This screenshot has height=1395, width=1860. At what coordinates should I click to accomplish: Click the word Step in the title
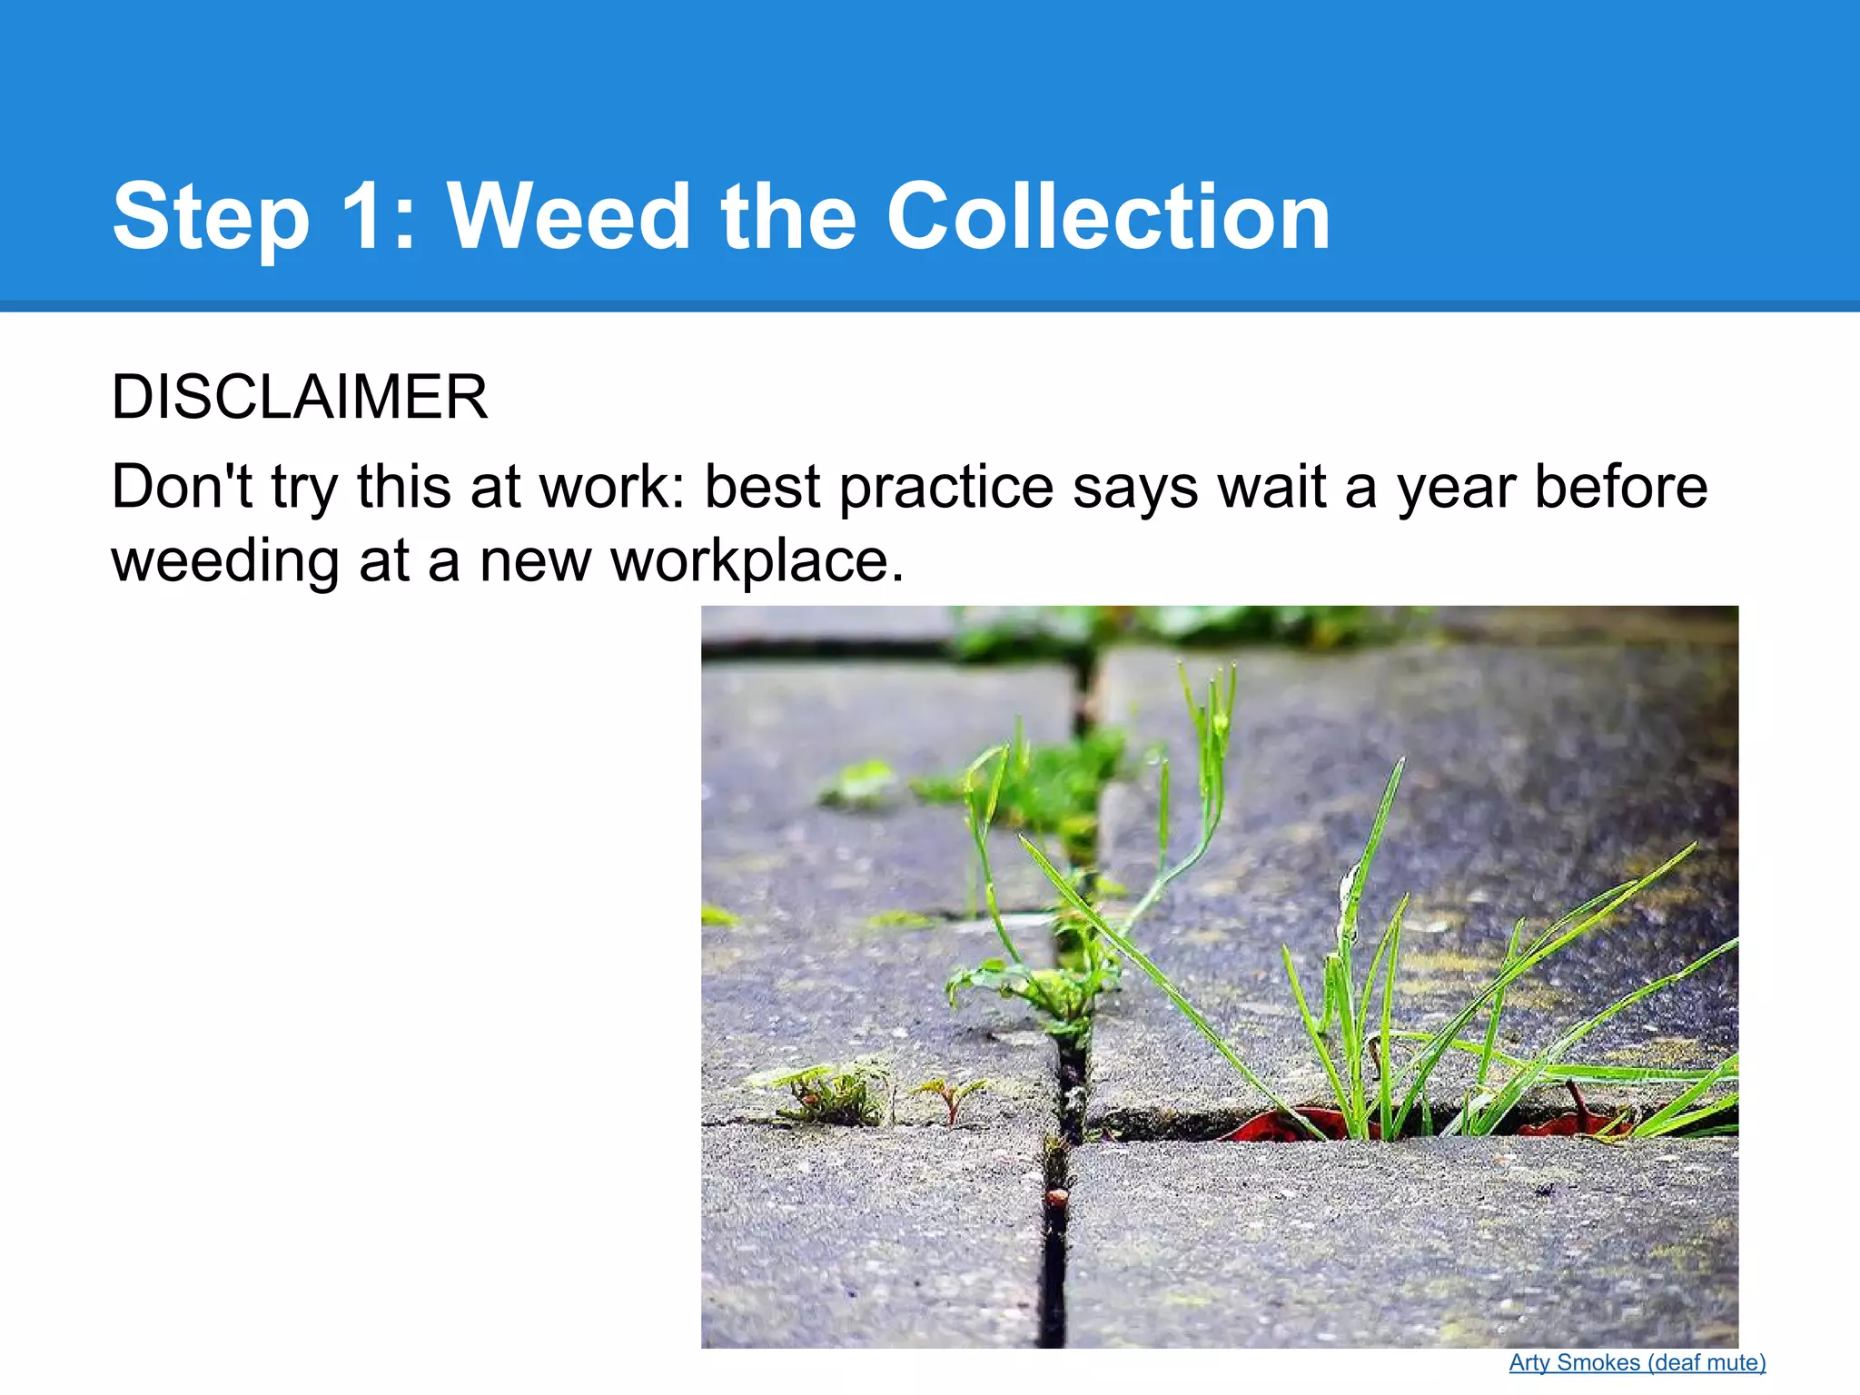[x=211, y=218]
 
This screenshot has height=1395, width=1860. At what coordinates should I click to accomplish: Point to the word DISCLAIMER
[x=300, y=398]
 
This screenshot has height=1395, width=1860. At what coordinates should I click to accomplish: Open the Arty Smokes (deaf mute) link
[x=1637, y=1362]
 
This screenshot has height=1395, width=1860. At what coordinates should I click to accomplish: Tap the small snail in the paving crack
[x=1055, y=1197]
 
